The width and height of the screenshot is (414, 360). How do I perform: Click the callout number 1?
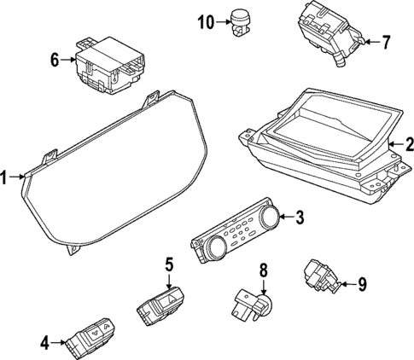pyautogui.click(x=6, y=177)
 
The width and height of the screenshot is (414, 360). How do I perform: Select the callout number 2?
pyautogui.click(x=407, y=144)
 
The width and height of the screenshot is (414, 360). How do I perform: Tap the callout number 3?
pyautogui.click(x=299, y=218)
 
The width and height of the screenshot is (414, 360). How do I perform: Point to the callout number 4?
pyautogui.click(x=44, y=343)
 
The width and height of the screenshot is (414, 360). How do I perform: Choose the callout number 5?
pyautogui.click(x=169, y=264)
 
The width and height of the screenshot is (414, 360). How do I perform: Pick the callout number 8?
pyautogui.click(x=264, y=270)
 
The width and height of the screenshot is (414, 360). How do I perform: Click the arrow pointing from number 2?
pyautogui.click(x=394, y=145)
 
